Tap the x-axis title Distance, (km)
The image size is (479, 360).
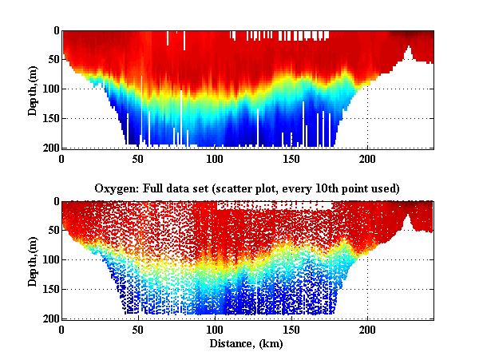tap(247, 343)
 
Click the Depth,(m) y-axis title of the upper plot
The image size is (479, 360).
tap(33, 90)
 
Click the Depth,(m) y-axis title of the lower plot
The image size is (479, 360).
tap(33, 260)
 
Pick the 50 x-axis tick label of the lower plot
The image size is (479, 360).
tap(139, 329)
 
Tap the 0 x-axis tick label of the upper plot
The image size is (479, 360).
tap(62, 158)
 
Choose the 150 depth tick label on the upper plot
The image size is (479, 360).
tap(49, 118)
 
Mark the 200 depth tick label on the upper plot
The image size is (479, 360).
tap(49, 148)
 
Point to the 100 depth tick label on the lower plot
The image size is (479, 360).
tap(49, 260)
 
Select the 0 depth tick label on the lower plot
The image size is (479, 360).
tap(55, 202)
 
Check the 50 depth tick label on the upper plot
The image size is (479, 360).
tap(52, 60)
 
